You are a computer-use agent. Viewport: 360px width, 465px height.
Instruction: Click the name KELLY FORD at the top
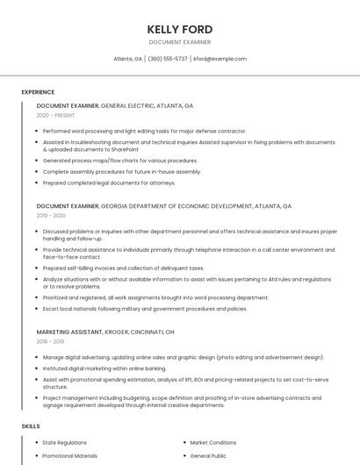[x=180, y=29]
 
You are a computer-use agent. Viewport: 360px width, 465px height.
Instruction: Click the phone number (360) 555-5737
[x=168, y=59]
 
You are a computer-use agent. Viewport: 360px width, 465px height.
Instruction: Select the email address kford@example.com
[x=220, y=59]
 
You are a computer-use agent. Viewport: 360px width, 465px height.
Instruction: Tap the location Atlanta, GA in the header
[x=127, y=59]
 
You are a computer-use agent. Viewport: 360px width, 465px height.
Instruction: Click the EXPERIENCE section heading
[x=38, y=92]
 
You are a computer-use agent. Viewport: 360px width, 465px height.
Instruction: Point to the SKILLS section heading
[x=31, y=426]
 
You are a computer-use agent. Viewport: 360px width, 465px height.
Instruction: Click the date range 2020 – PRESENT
[x=55, y=115]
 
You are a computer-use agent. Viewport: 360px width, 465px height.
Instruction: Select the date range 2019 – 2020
[x=51, y=216]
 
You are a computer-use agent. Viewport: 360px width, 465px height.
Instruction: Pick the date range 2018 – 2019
[x=50, y=342]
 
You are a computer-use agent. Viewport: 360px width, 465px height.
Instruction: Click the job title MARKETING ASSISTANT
[x=74, y=333]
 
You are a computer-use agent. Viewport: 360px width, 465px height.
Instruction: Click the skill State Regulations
[x=65, y=443]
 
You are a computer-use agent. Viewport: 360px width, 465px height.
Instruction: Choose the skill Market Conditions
[x=212, y=443]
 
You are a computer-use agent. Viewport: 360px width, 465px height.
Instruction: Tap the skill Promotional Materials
[x=70, y=457]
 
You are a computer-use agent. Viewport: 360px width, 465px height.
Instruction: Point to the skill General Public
[x=209, y=457]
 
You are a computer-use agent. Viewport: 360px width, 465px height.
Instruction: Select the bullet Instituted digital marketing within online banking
[x=104, y=368]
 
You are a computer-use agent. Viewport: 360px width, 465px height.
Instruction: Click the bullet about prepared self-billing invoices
[x=123, y=268]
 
